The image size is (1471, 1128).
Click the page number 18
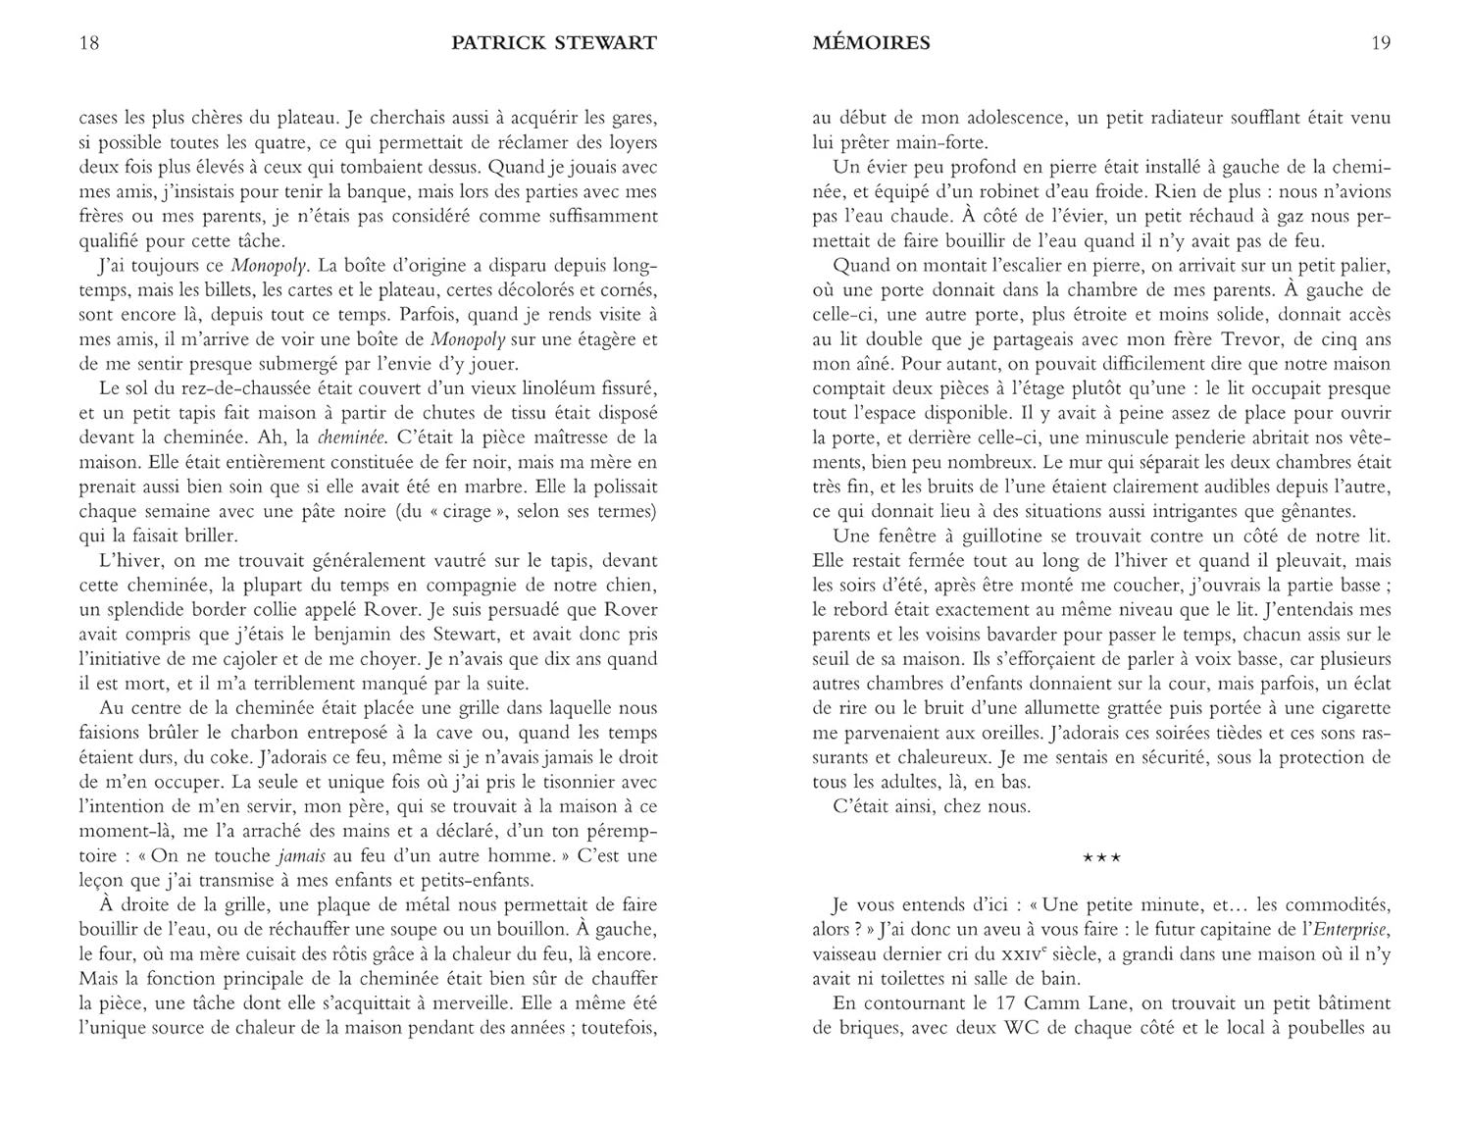(x=88, y=43)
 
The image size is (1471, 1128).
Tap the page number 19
(x=1381, y=43)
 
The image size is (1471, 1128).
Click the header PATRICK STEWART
(x=554, y=43)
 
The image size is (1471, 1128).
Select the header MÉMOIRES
(x=872, y=43)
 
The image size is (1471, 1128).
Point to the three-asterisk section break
(x=1101, y=858)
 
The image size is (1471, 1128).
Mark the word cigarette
(x=1350, y=708)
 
